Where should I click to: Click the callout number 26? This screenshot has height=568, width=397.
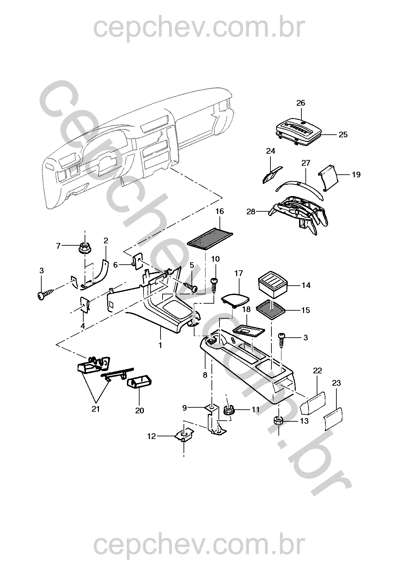coord(300,103)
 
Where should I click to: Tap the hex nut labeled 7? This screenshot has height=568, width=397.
coord(84,248)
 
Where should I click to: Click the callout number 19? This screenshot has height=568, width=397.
coord(356,174)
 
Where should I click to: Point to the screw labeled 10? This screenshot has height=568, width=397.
coord(214,284)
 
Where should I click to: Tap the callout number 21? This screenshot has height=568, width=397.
coord(96,409)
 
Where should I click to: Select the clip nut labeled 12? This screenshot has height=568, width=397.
coord(184,435)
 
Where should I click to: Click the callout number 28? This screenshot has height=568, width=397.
coord(251,211)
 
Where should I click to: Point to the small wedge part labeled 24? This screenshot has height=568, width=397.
coord(271,174)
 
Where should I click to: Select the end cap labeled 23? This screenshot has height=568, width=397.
coord(333,418)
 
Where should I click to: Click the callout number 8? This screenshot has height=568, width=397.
coord(205,375)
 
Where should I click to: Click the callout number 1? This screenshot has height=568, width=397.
coord(160,345)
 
